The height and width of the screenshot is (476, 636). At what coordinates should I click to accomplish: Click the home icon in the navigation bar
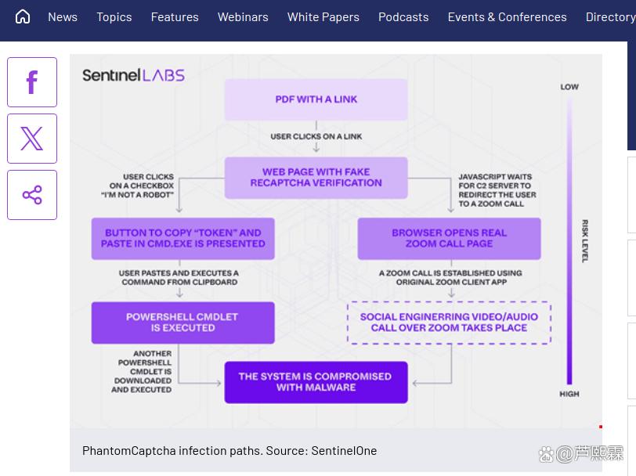pyautogui.click(x=23, y=16)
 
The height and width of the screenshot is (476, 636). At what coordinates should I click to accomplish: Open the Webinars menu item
pyautogui.click(x=243, y=16)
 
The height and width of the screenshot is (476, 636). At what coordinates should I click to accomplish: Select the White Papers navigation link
pyautogui.click(x=323, y=16)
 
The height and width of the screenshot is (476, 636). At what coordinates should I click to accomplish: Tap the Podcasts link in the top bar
pyautogui.click(x=403, y=16)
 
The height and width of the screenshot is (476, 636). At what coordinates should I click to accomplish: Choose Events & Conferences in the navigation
pyautogui.click(x=507, y=16)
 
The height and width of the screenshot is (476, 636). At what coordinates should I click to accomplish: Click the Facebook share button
pyautogui.click(x=32, y=82)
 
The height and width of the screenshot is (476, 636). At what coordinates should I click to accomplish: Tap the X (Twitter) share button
pyautogui.click(x=32, y=139)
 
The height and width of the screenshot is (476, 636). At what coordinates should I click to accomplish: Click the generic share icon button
pyautogui.click(x=32, y=195)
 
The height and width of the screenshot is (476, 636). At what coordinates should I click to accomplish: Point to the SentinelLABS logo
pyautogui.click(x=133, y=75)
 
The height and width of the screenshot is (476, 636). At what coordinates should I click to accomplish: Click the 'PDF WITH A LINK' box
pyautogui.click(x=316, y=99)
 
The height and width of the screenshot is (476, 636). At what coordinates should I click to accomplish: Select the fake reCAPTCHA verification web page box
pyautogui.click(x=316, y=178)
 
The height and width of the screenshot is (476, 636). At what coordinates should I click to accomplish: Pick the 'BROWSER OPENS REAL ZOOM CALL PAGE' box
pyautogui.click(x=449, y=238)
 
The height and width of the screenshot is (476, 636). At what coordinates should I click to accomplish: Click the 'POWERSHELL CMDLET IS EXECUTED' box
pyautogui.click(x=182, y=323)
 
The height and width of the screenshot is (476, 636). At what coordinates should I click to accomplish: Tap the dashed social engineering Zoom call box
pyautogui.click(x=449, y=323)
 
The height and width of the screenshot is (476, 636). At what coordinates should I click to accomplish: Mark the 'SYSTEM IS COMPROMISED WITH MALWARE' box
pyautogui.click(x=316, y=382)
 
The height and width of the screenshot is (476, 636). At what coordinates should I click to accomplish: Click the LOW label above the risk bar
pyautogui.click(x=569, y=87)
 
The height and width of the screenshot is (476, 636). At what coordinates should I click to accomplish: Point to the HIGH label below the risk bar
pyautogui.click(x=569, y=394)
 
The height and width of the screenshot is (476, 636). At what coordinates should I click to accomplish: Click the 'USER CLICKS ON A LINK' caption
pyautogui.click(x=316, y=136)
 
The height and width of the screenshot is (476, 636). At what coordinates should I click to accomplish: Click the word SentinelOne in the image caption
pyautogui.click(x=344, y=451)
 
